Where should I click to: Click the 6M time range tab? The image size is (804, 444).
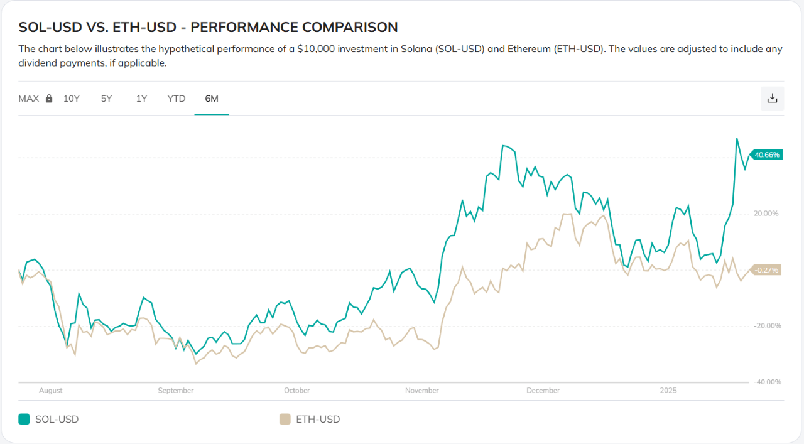coord(212,99)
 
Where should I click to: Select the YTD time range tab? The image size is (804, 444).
coord(177,99)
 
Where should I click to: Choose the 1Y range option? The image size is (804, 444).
coord(141,99)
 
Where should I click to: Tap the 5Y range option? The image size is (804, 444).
coord(106,99)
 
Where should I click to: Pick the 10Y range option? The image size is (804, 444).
coord(72,99)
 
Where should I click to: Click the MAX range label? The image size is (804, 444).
coord(28,99)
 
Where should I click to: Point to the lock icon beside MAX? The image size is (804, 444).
coord(49,99)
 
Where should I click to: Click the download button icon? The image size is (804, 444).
coord(773,99)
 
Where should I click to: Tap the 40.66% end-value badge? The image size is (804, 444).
coord(767,154)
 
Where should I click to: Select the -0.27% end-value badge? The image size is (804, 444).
coord(767,270)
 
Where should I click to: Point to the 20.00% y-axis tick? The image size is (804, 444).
coord(766,214)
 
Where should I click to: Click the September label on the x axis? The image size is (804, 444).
coord(176,391)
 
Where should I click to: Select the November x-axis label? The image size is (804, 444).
coord(422,391)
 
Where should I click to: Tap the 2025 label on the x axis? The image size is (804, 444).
coord(668,391)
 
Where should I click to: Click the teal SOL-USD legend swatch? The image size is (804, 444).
coord(24,419)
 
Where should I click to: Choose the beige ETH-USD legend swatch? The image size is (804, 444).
coord(285,419)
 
